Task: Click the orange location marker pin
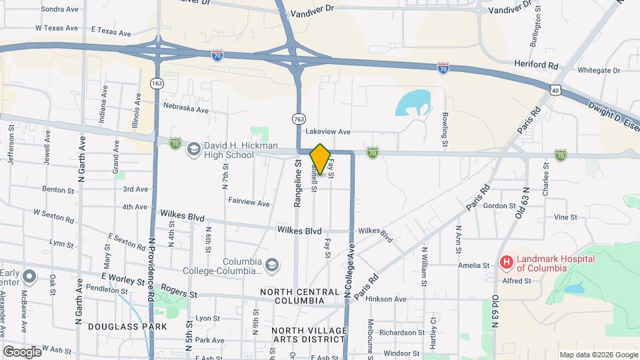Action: pos(320,159)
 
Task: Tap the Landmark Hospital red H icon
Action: pos(507,262)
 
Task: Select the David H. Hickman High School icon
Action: pos(193,148)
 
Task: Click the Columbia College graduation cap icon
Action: pos(271,265)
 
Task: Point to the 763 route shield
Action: pos(299,119)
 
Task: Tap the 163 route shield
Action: pos(157,83)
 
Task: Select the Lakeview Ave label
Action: pos(328,132)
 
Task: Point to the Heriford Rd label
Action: pos(535,64)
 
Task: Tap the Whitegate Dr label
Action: pos(599,70)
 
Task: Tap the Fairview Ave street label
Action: pos(249,202)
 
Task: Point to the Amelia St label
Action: pos(474,265)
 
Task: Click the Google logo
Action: pos(21,351)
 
